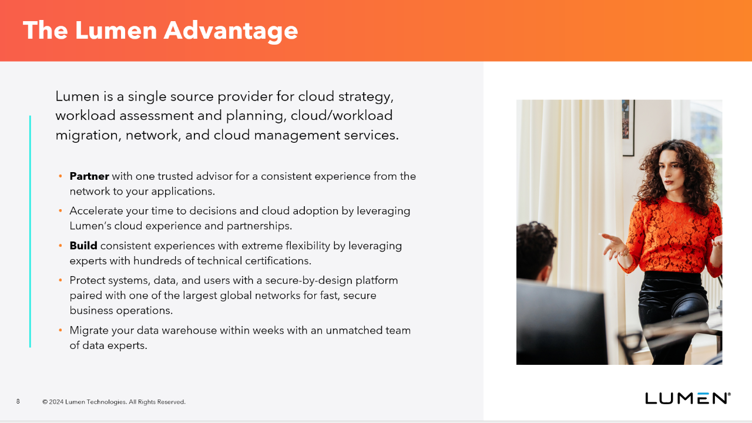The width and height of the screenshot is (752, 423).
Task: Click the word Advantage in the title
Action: [231, 31]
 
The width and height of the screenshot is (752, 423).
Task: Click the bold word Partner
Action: [89, 176]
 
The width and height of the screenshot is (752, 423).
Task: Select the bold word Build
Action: [83, 246]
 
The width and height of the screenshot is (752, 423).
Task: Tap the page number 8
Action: [18, 401]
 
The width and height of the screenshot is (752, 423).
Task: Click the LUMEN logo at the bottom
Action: [687, 398]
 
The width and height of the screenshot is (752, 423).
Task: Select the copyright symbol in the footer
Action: [45, 402]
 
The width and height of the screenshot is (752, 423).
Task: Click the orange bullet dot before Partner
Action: [61, 176]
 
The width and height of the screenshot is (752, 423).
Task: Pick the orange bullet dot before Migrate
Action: [61, 330]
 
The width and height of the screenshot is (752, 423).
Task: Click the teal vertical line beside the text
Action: [30, 231]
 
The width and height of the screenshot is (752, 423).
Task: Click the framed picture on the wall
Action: [628, 127]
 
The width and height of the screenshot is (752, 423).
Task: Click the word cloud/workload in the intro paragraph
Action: [341, 116]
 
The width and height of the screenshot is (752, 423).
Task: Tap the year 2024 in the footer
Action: [56, 402]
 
